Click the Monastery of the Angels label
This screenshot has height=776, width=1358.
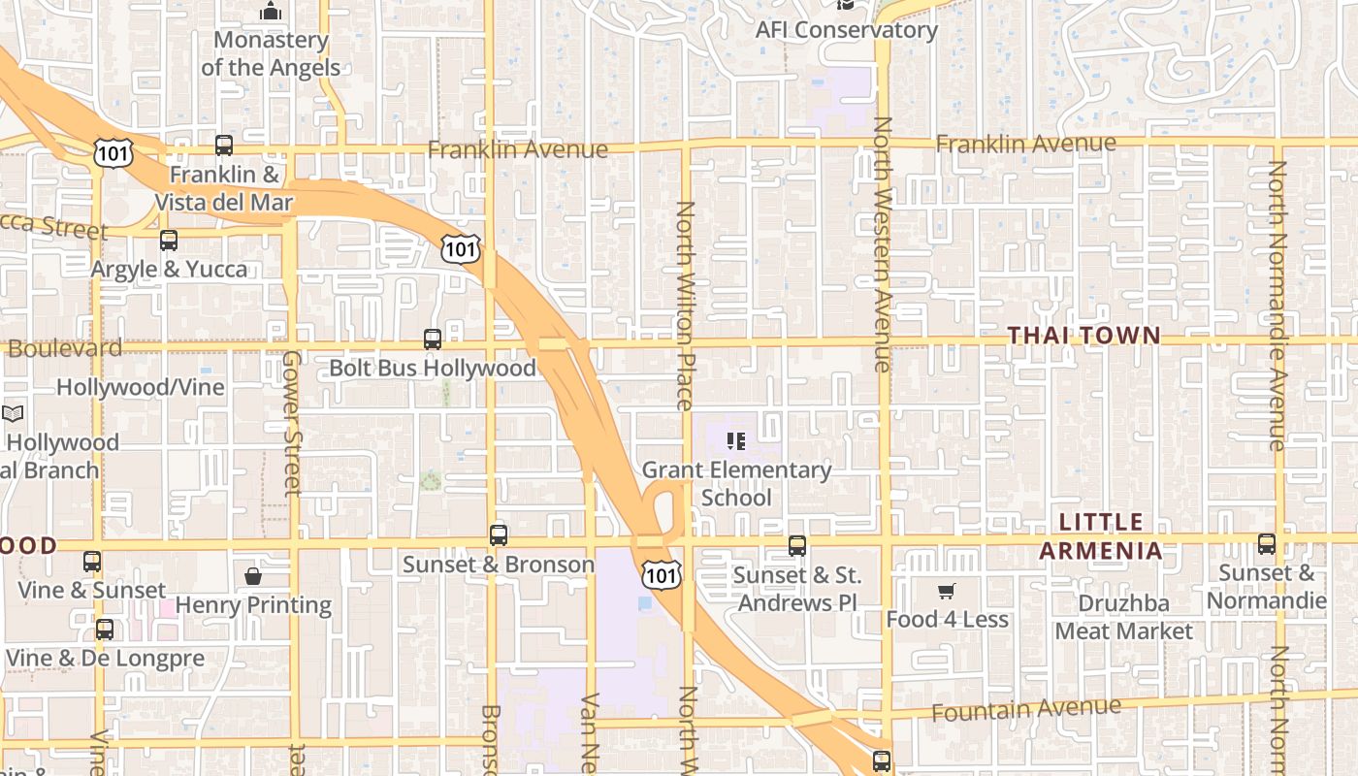point(271,54)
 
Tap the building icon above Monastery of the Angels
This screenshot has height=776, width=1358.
point(271,12)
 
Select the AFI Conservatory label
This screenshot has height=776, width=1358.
point(846,30)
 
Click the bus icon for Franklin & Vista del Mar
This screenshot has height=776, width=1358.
point(224,145)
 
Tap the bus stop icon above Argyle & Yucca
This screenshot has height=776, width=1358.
point(169,241)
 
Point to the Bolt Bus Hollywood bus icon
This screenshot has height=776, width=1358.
point(433,339)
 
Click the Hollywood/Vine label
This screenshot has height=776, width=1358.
point(140,387)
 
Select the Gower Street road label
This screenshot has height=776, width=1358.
point(292,423)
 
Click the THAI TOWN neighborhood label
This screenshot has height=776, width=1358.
point(1083,336)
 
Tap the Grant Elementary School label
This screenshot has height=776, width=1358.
point(736,484)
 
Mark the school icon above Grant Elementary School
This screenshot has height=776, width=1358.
point(736,442)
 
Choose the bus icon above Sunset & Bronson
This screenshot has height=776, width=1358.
point(499,535)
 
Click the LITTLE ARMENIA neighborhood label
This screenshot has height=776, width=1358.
point(1100,536)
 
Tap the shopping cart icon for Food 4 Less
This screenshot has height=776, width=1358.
point(947,591)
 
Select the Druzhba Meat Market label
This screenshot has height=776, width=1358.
point(1123,617)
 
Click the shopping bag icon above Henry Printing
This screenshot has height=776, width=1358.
point(253,576)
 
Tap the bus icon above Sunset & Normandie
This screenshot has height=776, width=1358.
point(1267,544)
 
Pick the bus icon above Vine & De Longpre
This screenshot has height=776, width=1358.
point(105,630)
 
